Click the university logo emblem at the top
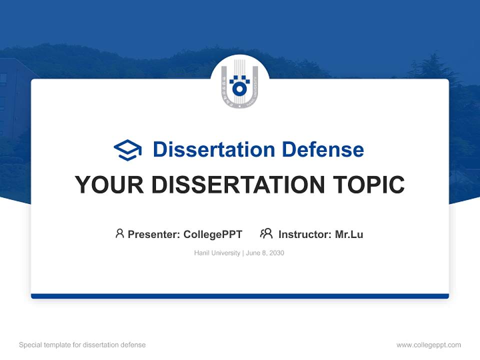click(240, 85)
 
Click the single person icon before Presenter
click(119, 233)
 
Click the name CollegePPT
click(213, 234)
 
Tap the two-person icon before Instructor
click(266, 233)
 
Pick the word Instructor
click(304, 234)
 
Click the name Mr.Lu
click(349, 234)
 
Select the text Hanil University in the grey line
click(217, 253)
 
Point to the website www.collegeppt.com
click(428, 345)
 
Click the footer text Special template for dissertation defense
click(82, 345)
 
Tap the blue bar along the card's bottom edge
click(240, 296)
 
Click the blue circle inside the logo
click(240, 89)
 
